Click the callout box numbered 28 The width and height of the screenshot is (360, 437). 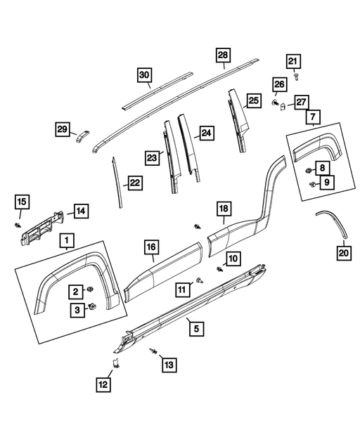223,56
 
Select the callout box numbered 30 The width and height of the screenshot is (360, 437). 145,75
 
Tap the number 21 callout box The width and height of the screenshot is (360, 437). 293,61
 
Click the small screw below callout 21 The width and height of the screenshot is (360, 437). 296,77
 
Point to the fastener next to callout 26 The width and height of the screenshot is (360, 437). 275,103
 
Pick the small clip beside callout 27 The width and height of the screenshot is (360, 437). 282,106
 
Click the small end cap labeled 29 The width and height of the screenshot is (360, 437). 82,136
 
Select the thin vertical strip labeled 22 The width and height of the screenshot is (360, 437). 117,182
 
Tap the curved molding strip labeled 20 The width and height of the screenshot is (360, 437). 334,222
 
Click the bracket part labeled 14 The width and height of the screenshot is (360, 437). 42,228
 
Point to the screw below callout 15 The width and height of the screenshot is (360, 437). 18,225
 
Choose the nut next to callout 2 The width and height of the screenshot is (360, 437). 90,289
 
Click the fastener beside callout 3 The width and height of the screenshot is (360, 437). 91,306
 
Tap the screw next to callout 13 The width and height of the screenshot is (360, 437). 153,351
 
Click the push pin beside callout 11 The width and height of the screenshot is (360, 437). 200,280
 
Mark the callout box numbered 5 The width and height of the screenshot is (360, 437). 197,329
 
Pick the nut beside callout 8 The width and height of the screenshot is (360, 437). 308,170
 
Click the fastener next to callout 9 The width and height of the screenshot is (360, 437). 313,183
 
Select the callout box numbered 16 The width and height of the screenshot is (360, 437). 152,247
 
